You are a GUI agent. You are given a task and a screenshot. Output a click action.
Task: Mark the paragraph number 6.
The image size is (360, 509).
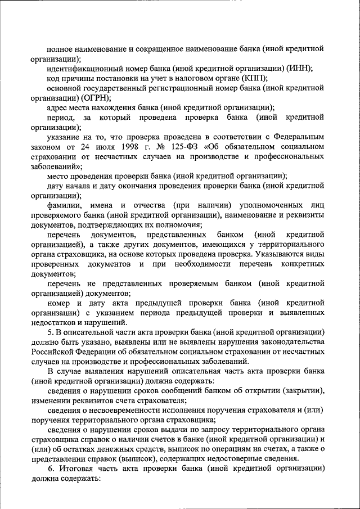[x=51, y=468]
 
